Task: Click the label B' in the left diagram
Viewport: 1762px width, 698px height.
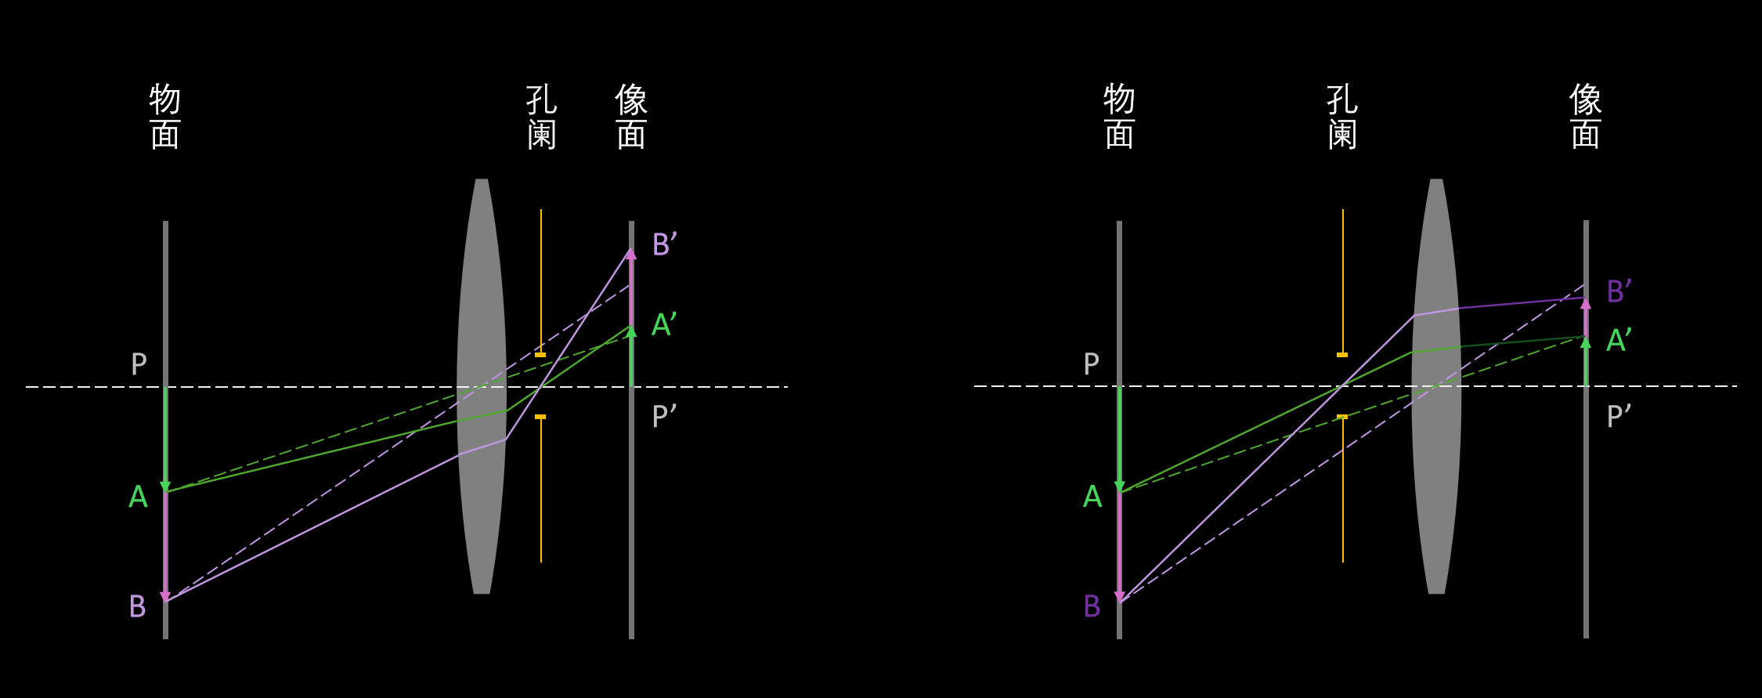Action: click(x=664, y=244)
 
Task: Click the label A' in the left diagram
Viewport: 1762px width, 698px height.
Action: click(x=663, y=324)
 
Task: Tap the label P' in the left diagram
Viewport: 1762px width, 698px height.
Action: click(x=664, y=416)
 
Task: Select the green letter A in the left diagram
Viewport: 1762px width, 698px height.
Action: click(x=138, y=497)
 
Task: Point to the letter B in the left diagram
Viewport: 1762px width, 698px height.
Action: click(x=137, y=606)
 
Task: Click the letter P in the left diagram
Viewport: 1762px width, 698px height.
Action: click(x=139, y=364)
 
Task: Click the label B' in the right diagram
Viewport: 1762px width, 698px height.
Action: click(x=1619, y=291)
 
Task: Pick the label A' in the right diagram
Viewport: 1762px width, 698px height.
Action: click(x=1618, y=340)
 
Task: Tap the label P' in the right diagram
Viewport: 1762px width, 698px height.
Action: click(x=1619, y=416)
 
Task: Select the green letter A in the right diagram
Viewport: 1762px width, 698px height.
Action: click(x=1092, y=497)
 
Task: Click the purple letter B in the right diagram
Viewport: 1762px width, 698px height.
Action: click(x=1092, y=606)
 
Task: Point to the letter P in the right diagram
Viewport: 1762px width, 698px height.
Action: click(x=1091, y=364)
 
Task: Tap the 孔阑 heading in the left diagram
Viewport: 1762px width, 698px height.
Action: click(x=541, y=118)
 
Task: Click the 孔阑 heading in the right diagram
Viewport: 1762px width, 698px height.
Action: click(x=1342, y=118)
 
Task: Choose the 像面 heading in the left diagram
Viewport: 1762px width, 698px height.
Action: click(x=631, y=118)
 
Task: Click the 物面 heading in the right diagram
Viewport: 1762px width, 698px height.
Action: click(x=1119, y=118)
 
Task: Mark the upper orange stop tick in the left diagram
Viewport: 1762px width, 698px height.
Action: click(x=540, y=355)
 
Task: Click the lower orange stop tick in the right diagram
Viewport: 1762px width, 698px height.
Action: click(x=1342, y=417)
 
